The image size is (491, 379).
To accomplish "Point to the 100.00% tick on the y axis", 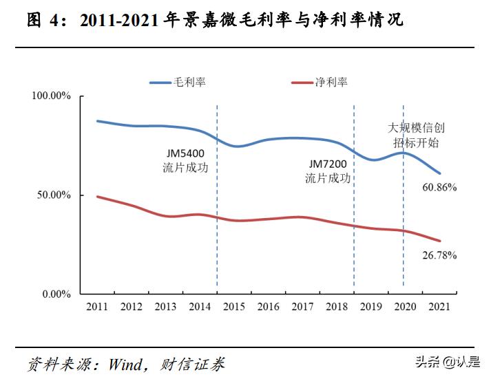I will tap(52, 96).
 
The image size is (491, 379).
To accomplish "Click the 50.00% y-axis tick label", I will tap(54, 195).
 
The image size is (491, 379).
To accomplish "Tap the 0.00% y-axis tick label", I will tap(56, 294).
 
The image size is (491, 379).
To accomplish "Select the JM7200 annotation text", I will tap(328, 164).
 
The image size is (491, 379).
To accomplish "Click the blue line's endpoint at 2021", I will tap(439, 173).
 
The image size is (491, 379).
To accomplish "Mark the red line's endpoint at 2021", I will tap(439, 241).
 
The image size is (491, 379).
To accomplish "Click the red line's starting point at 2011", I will tap(98, 197).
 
